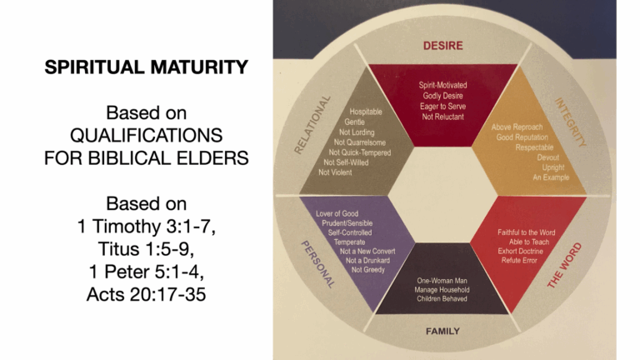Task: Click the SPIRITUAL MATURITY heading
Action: point(146,67)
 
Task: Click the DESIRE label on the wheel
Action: point(442,46)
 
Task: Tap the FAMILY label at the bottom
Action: point(442,331)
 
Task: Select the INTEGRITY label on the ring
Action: point(571,122)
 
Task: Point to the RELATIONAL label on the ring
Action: point(312,125)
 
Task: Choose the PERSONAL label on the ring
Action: point(318,264)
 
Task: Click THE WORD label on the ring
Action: point(564,265)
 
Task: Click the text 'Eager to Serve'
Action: point(442,107)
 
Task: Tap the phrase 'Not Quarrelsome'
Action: point(360,142)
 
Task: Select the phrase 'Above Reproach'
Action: point(517,127)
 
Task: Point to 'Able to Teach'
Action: point(529,242)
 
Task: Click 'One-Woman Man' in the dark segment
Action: point(442,281)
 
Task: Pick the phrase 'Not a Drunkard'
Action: point(367,260)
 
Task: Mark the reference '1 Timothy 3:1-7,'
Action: point(146,226)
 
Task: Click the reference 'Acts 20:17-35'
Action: point(146,294)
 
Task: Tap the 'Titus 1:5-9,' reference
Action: point(146,249)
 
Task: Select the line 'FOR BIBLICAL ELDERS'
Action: point(146,158)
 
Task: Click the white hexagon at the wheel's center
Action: point(442,195)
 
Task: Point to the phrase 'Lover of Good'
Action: point(337,213)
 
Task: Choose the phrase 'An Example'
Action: point(551,177)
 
